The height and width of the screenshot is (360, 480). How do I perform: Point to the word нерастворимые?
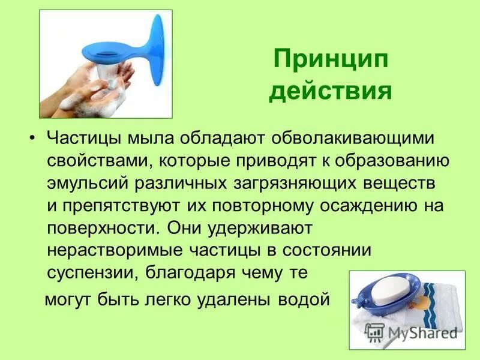point(108,250)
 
